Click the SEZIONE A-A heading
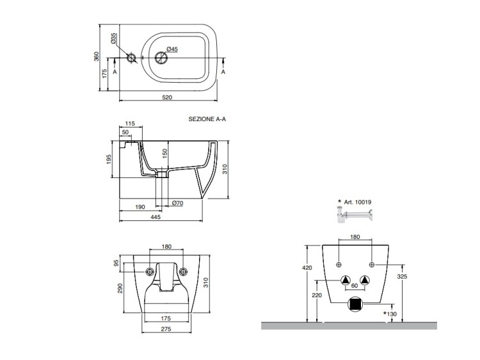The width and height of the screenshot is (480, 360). (207, 119)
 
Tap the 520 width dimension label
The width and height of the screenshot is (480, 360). (166, 97)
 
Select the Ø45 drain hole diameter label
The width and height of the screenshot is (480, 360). (172, 49)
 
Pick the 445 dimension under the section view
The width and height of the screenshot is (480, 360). (156, 217)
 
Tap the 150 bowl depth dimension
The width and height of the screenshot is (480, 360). (164, 154)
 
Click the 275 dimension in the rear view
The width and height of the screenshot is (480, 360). (166, 329)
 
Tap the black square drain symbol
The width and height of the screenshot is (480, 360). (355, 305)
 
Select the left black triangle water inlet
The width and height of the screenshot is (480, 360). (346, 279)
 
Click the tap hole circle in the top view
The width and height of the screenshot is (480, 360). (131, 59)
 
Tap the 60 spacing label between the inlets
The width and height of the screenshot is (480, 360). (355, 286)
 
